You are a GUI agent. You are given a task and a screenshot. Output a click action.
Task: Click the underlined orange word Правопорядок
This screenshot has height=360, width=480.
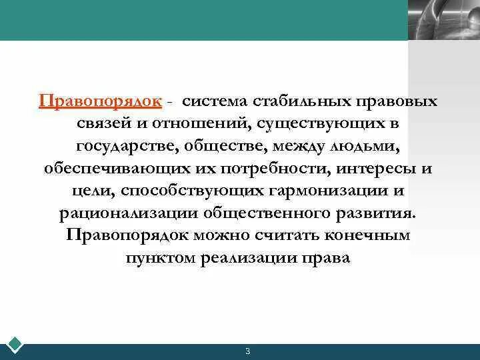click(100, 101)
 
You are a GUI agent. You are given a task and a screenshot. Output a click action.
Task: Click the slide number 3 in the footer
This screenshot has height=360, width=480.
click(247, 351)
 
